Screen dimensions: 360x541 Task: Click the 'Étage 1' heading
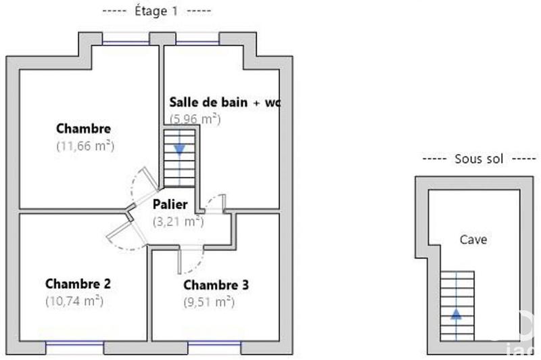[x=157, y=12]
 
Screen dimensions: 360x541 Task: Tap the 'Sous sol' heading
[x=478, y=159]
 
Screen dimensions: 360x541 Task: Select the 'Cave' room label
[x=473, y=240]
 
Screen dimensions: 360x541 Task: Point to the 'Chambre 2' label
[x=78, y=284]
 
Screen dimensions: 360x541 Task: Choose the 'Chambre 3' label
[x=216, y=285]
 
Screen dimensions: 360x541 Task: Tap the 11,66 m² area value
[x=85, y=145]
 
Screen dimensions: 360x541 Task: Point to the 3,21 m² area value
[x=178, y=221]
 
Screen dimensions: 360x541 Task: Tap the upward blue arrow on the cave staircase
[x=457, y=313]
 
